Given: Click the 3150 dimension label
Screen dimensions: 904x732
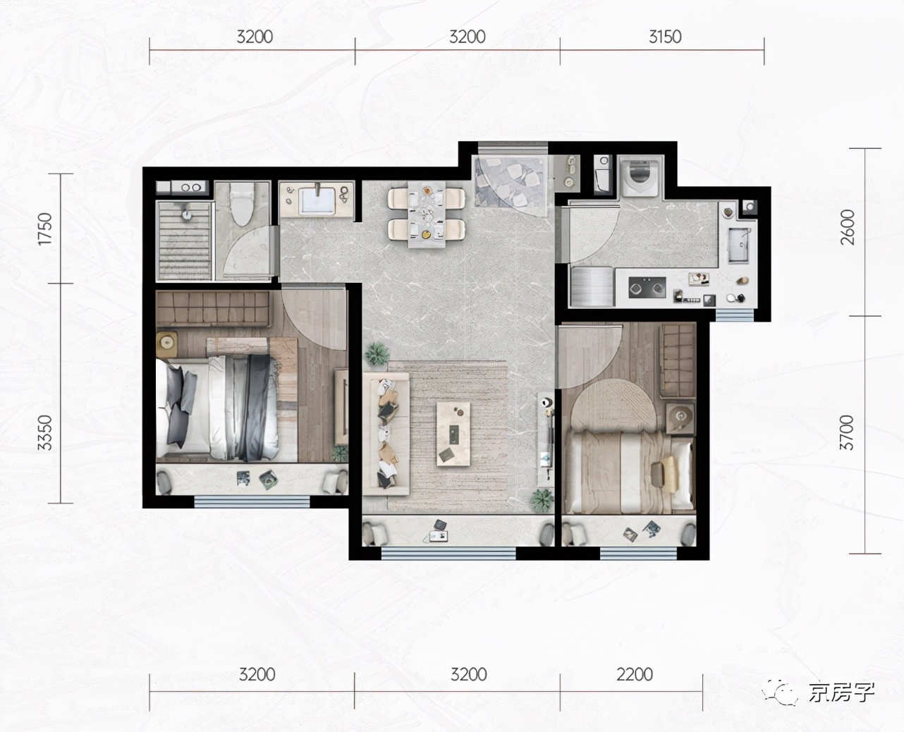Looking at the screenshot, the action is click(x=665, y=37).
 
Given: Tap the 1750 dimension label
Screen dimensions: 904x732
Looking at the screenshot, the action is click(x=45, y=228).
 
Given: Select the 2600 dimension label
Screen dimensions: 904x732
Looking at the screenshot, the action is click(x=847, y=227).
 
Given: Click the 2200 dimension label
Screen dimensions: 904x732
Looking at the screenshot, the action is click(x=635, y=674).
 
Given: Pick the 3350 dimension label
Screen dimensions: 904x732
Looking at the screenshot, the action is click(x=45, y=432).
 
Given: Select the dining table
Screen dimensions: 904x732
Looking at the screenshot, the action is click(x=426, y=214).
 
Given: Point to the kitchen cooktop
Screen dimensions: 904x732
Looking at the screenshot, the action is click(x=647, y=287).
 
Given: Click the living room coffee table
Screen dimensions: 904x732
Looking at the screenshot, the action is click(x=453, y=434).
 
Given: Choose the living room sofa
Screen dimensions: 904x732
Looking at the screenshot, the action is click(x=386, y=434).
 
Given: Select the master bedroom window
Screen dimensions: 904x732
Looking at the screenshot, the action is click(x=252, y=502).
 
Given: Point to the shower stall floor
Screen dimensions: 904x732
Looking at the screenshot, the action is click(x=185, y=240).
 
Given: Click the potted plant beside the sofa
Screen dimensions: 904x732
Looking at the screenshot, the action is click(x=377, y=353).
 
